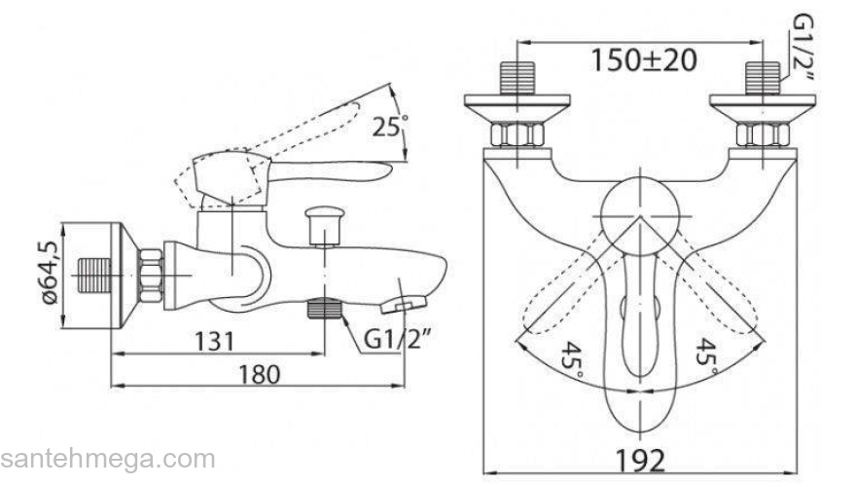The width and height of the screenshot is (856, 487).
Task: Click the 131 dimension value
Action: point(215,342)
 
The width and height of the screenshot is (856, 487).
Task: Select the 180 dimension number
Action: point(260,375)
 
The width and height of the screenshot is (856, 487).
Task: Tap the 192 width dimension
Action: point(641,461)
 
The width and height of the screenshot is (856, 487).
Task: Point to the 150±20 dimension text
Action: point(644,60)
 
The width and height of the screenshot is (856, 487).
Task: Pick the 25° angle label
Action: point(390,127)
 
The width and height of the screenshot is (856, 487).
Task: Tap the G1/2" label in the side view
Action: point(396,341)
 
